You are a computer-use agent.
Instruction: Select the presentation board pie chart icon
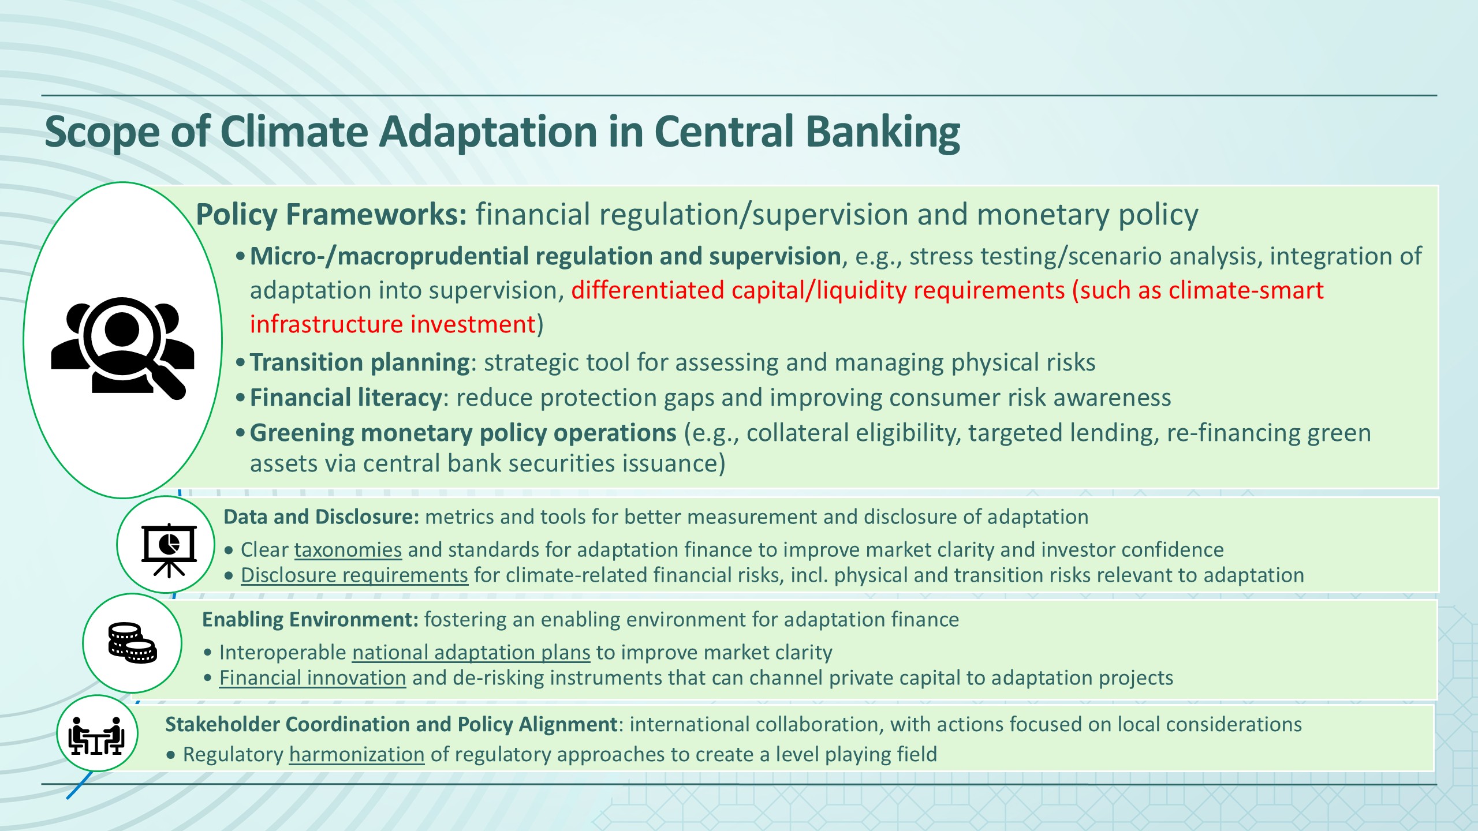(x=169, y=550)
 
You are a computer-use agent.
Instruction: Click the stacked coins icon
(x=132, y=643)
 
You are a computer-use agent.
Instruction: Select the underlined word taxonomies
(x=348, y=550)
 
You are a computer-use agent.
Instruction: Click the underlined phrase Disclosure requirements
(x=354, y=575)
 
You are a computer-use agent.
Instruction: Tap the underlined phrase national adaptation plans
(x=471, y=653)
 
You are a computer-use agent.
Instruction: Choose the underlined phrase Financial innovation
(x=313, y=678)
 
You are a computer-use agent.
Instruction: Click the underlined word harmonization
(x=357, y=755)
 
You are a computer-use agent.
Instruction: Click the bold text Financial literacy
(x=346, y=398)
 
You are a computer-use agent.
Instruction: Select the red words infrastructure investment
(x=393, y=324)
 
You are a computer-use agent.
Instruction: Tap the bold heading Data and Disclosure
(x=321, y=517)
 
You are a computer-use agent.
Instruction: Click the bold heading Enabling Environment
(x=310, y=620)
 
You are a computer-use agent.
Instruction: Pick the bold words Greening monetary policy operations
(x=463, y=433)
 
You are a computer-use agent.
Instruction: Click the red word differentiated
(x=648, y=290)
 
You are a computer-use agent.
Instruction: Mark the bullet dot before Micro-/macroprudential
(x=241, y=257)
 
